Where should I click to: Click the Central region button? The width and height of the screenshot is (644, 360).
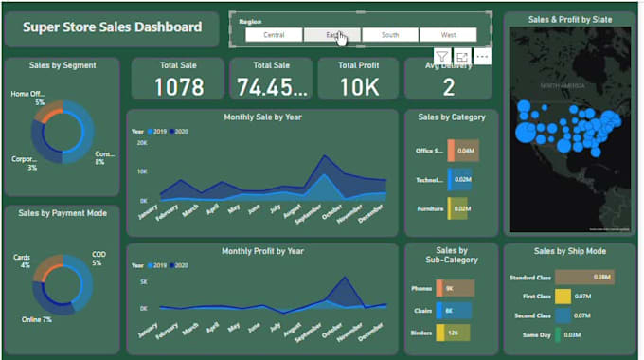[x=275, y=35]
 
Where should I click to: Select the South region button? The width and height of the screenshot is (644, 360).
[x=389, y=35]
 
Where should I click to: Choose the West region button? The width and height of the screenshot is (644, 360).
[x=448, y=35]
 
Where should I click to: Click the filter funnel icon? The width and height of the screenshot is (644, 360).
[x=442, y=57]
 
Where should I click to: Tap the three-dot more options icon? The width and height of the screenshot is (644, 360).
[x=483, y=57]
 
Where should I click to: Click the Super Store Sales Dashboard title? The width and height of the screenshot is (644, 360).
[x=113, y=27]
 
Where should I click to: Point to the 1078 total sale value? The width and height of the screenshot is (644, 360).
[x=178, y=87]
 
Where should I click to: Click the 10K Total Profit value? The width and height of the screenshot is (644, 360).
[x=358, y=87]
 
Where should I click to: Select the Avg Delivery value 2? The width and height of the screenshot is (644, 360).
[x=448, y=88]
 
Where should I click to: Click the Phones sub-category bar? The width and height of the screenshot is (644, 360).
[x=454, y=288]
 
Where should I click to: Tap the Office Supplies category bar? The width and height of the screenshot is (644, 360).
[x=463, y=151]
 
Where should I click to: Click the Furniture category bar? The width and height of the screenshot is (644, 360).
[x=459, y=208]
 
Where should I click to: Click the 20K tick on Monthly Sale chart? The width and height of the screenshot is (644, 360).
[x=142, y=143]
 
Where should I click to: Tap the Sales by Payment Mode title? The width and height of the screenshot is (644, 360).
[x=62, y=213]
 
